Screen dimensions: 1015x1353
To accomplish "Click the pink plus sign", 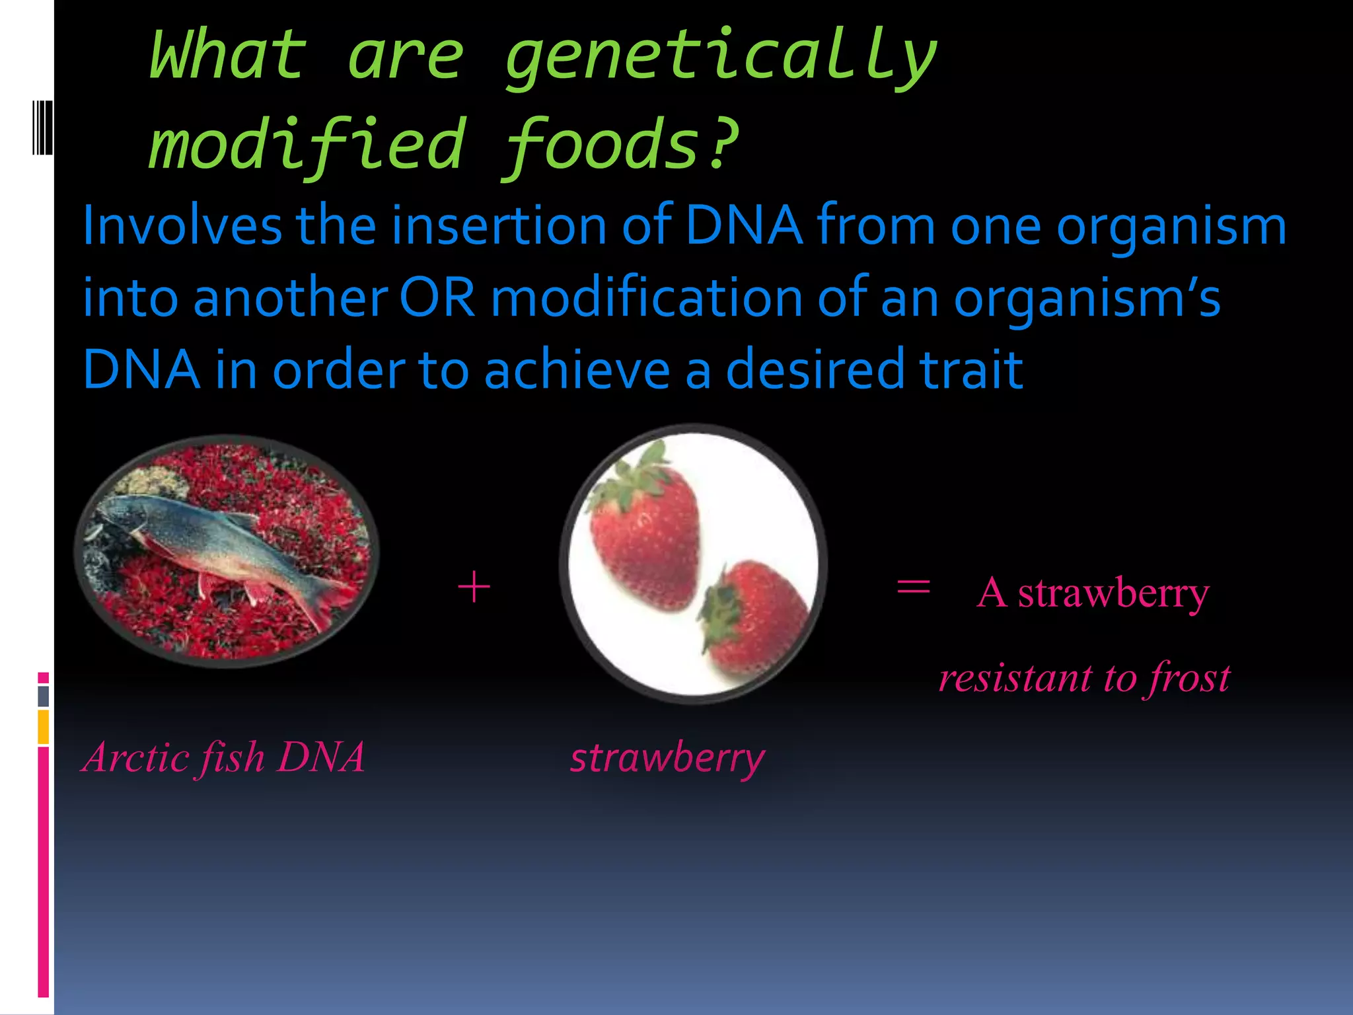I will [474, 587].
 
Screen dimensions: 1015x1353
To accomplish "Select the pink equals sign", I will [913, 587].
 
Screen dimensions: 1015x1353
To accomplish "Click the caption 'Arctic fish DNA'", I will [223, 757].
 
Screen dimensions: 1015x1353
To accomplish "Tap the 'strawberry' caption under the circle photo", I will [667, 757].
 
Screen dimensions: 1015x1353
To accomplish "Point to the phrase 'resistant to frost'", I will [1084, 678].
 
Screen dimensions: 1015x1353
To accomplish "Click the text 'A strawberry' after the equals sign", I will [1093, 593].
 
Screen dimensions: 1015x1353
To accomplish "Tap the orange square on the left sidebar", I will [44, 727].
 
